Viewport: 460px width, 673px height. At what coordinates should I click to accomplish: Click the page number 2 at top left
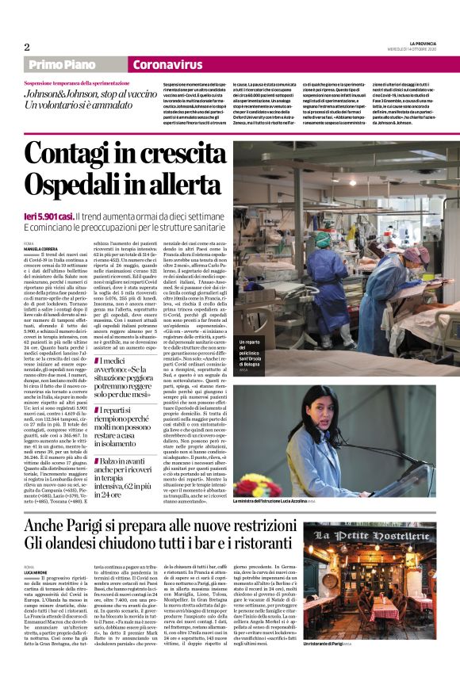[26, 46]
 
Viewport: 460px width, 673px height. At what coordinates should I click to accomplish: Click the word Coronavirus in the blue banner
[167, 65]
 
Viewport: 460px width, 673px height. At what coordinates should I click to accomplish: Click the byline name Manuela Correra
[47, 250]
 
